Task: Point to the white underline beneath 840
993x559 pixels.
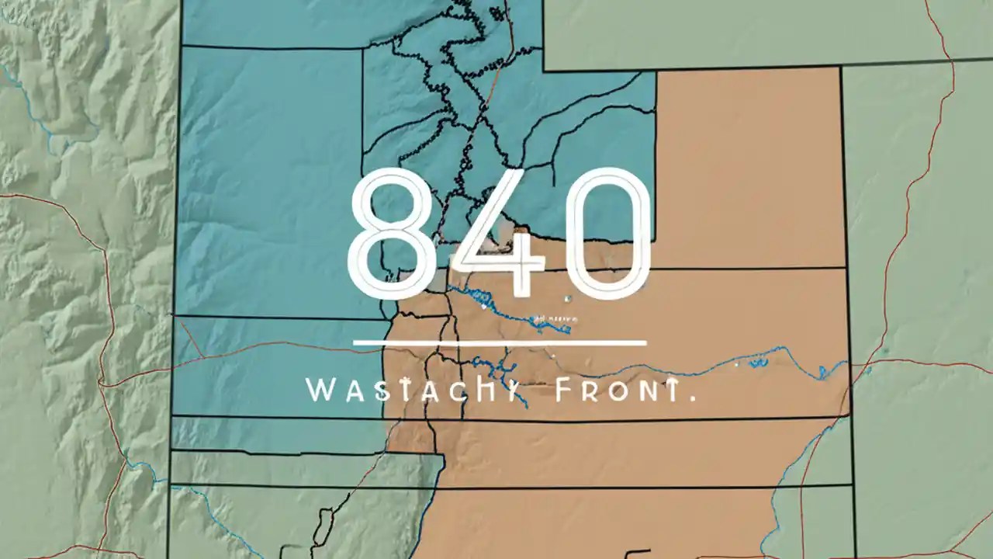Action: click(500, 342)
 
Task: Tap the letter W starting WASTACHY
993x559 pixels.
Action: click(321, 391)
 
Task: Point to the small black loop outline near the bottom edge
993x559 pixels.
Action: click(320, 528)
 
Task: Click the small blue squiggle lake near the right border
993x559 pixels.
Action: click(753, 362)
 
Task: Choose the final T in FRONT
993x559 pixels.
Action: click(668, 391)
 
